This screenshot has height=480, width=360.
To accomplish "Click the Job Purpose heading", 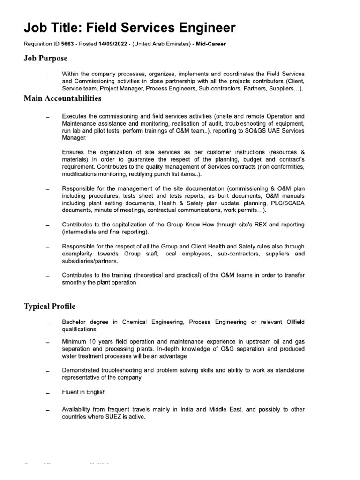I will pyautogui.click(x=45, y=58).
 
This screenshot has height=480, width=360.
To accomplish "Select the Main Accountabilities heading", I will pyautogui.click(x=62, y=98).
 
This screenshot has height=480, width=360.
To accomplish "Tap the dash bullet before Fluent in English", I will pyautogui.click(x=47, y=393).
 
